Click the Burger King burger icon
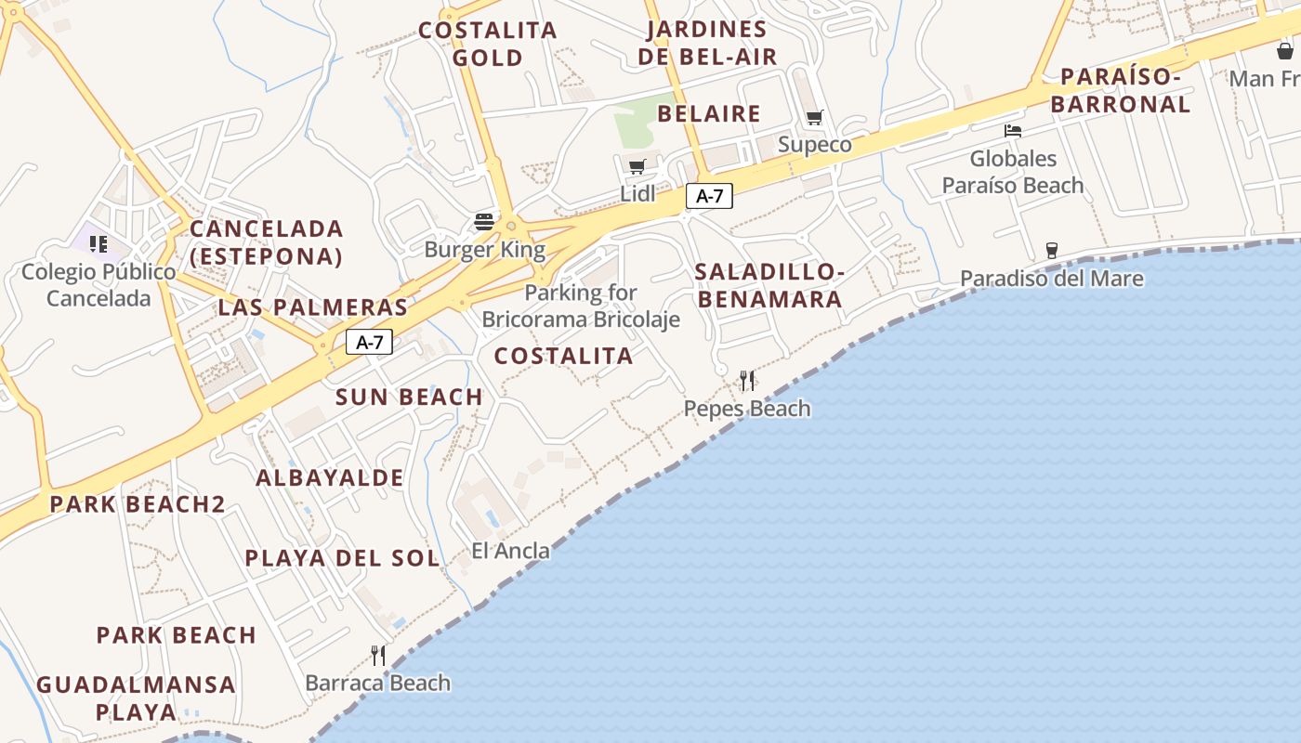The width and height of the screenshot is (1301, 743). pos(484,222)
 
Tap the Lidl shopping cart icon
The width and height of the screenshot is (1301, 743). pos(637,167)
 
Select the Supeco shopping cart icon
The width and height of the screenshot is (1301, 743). pos(815,118)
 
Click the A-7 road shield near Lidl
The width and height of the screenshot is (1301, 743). pos(709,196)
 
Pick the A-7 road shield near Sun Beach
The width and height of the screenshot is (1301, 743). pos(370,342)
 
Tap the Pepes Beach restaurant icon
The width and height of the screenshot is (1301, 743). pos(747,381)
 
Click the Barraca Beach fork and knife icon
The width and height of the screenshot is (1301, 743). pos(378,656)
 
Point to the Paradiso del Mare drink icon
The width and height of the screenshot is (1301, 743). pos(1051,250)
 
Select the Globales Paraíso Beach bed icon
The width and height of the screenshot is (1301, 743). pos(1013,131)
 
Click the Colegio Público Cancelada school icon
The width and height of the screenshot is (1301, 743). pos(99,244)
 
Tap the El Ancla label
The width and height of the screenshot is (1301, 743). pos(510,551)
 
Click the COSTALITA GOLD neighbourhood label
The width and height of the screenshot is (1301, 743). pos(487,44)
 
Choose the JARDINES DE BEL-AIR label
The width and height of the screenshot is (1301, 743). pos(707,43)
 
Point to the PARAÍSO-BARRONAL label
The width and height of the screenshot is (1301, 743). pos(1121,90)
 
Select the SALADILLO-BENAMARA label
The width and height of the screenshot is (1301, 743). pos(769,285)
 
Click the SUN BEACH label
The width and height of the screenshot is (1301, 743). pos(409,398)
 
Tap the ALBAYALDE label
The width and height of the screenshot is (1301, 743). pos(330,478)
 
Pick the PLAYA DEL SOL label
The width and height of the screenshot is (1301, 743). pos(342,558)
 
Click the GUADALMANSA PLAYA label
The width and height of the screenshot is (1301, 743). pos(136,698)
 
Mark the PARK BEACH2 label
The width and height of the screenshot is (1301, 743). pos(138,504)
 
